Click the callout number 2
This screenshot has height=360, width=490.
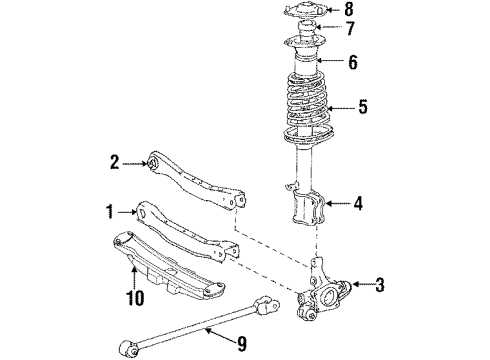click(115, 160)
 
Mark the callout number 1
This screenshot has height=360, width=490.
click(109, 211)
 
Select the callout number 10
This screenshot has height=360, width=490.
click(136, 296)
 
